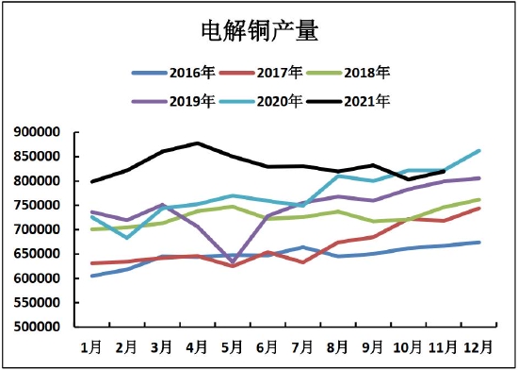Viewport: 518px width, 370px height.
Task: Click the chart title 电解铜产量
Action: click(259, 32)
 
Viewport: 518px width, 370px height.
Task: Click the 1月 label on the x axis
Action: click(91, 348)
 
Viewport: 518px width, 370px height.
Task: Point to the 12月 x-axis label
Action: click(478, 348)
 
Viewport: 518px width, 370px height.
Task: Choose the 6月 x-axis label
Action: click(267, 348)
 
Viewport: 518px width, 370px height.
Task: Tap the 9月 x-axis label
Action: click(373, 348)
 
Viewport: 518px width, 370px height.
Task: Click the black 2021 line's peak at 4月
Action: click(197, 143)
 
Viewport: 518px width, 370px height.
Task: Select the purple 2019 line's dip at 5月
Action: click(233, 261)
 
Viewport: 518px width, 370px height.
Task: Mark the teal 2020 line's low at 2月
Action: click(127, 238)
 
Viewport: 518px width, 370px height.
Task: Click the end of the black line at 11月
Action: click(444, 171)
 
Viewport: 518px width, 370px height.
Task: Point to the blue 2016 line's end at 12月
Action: click(478, 243)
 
